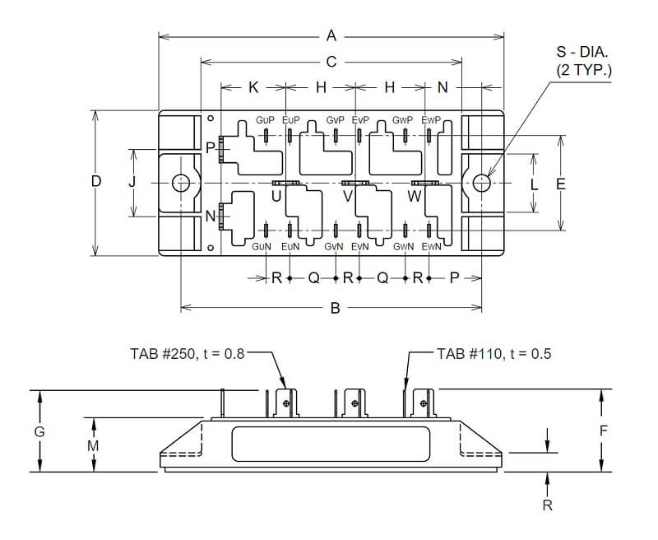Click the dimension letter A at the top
coord(331,35)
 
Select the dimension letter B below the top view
coord(335,308)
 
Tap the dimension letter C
coord(331,61)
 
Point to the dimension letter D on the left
coord(96,182)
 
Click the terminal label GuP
coord(265,120)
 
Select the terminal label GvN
coord(334,247)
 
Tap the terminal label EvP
coord(360,120)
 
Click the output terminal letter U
coord(276,196)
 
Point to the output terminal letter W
coord(415,196)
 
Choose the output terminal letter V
coord(347,196)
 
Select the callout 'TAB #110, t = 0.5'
coord(493,354)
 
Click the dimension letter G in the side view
coord(39,431)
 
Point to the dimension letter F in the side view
coord(603,430)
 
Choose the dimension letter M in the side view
coord(94,445)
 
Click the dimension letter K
coord(253,86)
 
